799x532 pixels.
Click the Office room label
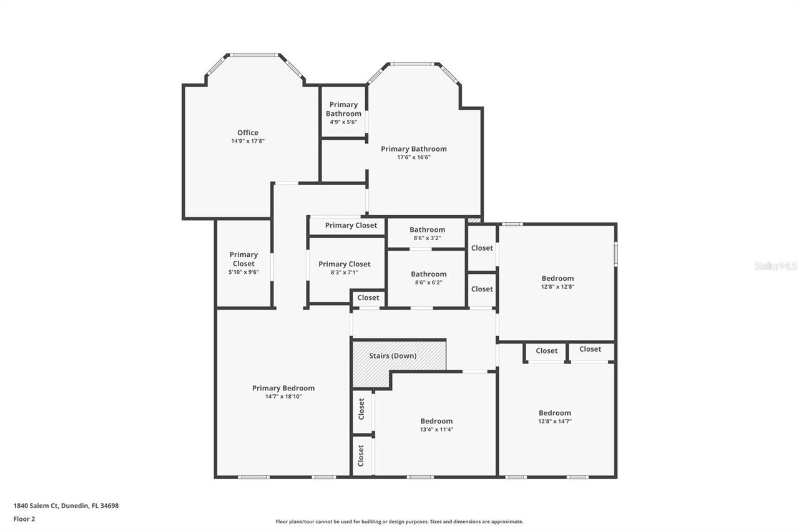[248, 132]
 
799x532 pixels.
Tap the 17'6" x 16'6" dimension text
[414, 157]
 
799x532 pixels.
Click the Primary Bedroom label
[283, 388]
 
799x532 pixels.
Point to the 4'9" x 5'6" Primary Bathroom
[343, 113]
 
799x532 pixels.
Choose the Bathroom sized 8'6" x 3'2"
[427, 233]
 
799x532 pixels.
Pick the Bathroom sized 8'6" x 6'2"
[428, 278]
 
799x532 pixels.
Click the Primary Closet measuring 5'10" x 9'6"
[243, 263]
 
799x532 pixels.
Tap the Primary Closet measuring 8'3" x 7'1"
[344, 268]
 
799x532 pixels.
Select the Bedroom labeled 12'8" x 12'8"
[557, 282]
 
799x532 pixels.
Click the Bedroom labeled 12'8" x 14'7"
[555, 417]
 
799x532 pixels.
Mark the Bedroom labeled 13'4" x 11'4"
[436, 425]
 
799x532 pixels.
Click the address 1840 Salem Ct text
[66, 506]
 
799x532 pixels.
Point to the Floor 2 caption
[24, 518]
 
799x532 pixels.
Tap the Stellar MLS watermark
[775, 266]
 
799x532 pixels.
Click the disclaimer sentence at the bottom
[399, 521]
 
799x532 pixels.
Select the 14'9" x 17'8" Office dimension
[248, 141]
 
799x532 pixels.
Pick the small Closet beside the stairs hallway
[368, 297]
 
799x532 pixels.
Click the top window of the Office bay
[254, 55]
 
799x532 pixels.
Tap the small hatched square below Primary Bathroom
[474, 220]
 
